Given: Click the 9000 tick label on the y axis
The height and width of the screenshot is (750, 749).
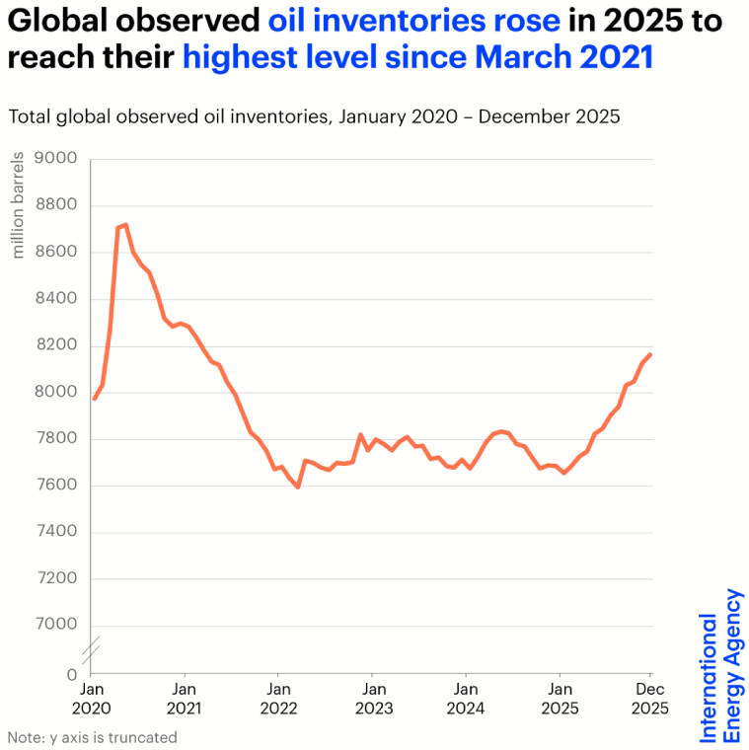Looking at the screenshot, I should click(55, 159).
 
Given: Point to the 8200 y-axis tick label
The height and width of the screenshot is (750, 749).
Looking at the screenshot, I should click(55, 345).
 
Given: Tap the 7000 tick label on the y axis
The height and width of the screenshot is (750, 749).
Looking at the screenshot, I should click(55, 625).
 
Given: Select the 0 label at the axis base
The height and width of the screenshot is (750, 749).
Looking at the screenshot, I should click(71, 675).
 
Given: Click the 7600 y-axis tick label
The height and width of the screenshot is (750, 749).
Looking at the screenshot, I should click(55, 486).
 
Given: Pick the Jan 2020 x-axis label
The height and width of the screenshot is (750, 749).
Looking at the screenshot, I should click(92, 699).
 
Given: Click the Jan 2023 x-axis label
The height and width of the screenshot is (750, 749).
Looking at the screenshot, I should click(372, 699).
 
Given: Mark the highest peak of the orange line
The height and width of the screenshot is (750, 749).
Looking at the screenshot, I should click(125, 225).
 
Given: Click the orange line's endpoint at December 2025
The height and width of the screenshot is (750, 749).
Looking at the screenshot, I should click(650, 354).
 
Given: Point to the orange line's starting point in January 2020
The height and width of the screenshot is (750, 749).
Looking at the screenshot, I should click(94, 399).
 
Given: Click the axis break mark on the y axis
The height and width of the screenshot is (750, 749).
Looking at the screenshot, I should click(90, 651).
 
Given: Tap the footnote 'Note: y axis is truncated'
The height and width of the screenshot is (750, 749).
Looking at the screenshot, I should click(93, 737).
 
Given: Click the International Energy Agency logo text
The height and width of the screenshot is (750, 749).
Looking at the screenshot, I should click(720, 665).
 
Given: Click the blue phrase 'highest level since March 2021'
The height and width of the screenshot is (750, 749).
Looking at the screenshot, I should click(418, 57).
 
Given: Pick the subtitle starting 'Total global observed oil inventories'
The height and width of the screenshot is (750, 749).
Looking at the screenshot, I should click(314, 116).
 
